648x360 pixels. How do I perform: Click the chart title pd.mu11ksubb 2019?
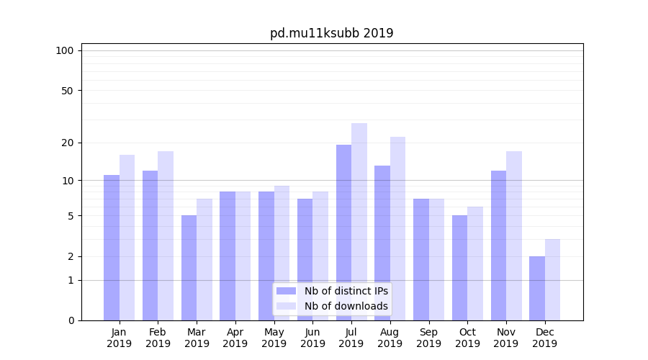tap(331, 33)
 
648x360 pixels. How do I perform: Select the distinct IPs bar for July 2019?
tap(343, 233)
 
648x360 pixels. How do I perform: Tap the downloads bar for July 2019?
tap(359, 222)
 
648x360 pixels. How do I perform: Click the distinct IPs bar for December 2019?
tap(537, 288)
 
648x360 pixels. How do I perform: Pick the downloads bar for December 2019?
tap(552, 279)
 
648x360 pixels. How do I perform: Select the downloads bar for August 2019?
tap(398, 228)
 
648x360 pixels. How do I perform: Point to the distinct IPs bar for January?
tap(112, 248)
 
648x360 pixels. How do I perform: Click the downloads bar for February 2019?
tap(166, 235)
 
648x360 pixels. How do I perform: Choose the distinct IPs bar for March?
tap(189, 268)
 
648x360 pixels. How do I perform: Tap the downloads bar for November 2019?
tap(514, 235)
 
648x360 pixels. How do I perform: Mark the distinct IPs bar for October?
tap(460, 268)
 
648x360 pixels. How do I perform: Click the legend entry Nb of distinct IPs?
tap(346, 291)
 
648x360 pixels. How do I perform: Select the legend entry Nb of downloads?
tap(346, 306)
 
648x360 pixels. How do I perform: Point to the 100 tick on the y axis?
tap(65, 50)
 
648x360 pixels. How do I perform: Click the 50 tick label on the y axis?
tap(68, 91)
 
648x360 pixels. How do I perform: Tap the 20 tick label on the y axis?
tap(68, 143)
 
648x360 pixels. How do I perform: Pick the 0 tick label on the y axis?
tap(71, 320)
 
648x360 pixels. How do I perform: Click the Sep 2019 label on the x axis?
tap(428, 338)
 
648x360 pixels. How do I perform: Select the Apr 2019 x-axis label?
tap(235, 338)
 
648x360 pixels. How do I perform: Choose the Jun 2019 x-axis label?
tap(312, 338)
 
